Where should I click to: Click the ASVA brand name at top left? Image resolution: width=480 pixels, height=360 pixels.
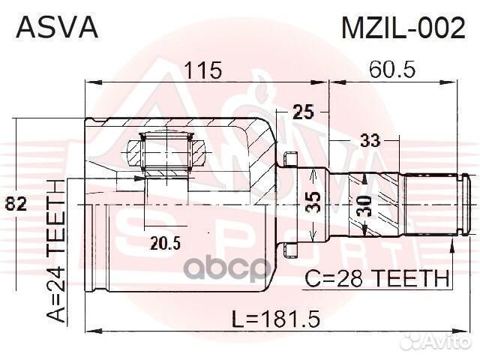point(56,28)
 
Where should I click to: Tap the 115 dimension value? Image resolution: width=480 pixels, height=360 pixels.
point(204,70)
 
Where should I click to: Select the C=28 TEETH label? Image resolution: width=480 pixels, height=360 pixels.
point(377,280)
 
